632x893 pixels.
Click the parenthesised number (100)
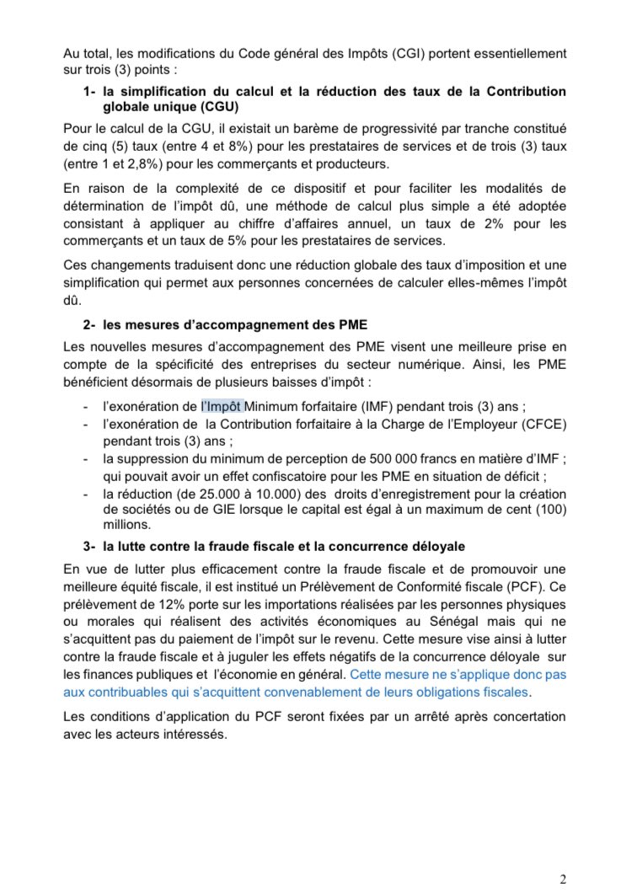click(x=549, y=511)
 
